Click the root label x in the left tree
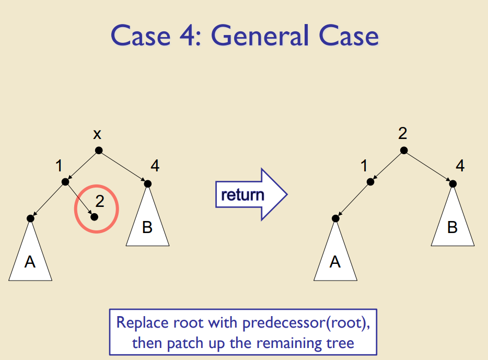(x=97, y=134)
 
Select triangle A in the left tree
(x=30, y=256)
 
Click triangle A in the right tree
(x=335, y=256)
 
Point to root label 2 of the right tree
(x=402, y=134)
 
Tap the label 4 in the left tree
(x=155, y=167)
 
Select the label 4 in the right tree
(x=460, y=167)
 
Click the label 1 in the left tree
(x=59, y=167)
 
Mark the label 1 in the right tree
(x=364, y=167)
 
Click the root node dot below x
(x=99, y=150)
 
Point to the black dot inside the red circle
(x=94, y=216)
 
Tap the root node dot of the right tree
(x=403, y=150)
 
